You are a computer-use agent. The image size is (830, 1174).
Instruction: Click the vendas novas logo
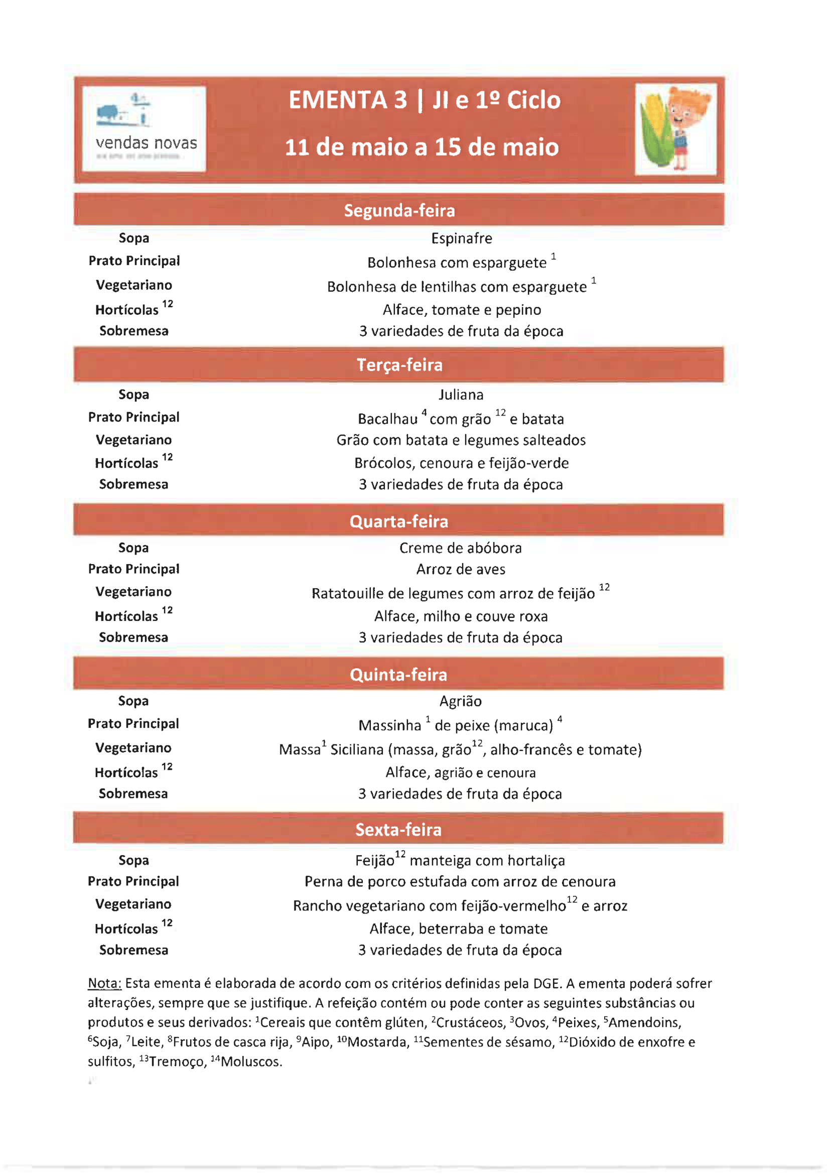[x=144, y=128]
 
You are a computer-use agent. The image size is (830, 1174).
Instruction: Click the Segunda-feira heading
[x=399, y=211]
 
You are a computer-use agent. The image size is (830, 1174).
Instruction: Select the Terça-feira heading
[x=399, y=365]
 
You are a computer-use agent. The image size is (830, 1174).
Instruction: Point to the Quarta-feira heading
[x=398, y=521]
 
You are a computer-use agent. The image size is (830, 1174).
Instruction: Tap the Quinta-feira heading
[x=398, y=675]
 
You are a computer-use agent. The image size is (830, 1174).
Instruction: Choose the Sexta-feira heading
[x=398, y=830]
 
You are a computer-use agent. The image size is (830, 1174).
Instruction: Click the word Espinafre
[x=462, y=238]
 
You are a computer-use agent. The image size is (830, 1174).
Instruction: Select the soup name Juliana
[x=461, y=395]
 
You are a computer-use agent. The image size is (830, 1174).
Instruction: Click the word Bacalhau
[x=387, y=419]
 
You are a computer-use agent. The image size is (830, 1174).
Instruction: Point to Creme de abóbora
[x=461, y=548]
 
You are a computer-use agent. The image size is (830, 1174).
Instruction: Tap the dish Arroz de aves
[x=461, y=570]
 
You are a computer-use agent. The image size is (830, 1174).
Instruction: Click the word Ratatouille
[x=348, y=594]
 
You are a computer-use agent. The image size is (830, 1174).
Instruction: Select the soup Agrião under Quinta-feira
[x=460, y=702]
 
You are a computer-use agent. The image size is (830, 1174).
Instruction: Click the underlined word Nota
[x=104, y=984]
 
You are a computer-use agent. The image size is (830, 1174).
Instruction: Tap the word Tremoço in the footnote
[x=177, y=1062]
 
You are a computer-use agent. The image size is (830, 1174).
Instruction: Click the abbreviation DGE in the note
[x=547, y=984]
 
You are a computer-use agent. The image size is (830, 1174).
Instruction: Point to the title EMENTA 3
[x=348, y=100]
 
